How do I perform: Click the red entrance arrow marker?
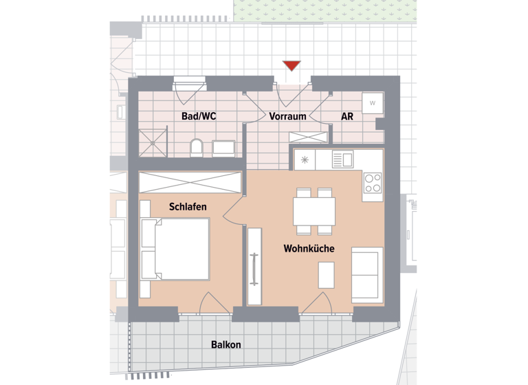[291, 66]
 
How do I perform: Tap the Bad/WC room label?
[199, 116]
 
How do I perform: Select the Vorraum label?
[287, 116]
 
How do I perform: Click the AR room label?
[347, 116]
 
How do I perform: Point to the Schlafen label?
[188, 206]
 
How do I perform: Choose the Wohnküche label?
[309, 248]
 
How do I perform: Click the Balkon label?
[226, 344]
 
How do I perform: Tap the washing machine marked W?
[373, 103]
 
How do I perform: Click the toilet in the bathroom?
[196, 147]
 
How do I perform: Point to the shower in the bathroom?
[152, 142]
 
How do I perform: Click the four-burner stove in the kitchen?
[373, 184]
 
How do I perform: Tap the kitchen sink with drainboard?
[342, 159]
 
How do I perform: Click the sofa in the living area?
[367, 273]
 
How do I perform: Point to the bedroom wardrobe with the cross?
[190, 183]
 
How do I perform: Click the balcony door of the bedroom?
[209, 304]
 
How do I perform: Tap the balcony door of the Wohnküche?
[317, 304]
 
